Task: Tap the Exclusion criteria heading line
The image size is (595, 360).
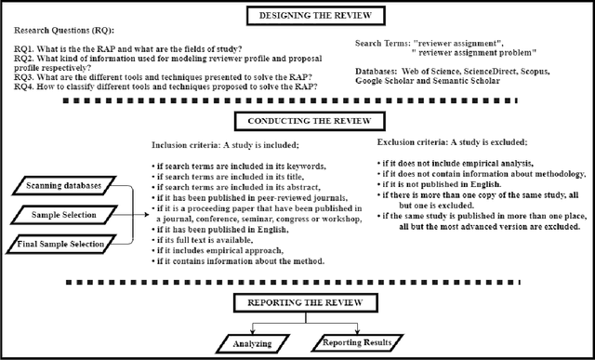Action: (454, 144)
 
